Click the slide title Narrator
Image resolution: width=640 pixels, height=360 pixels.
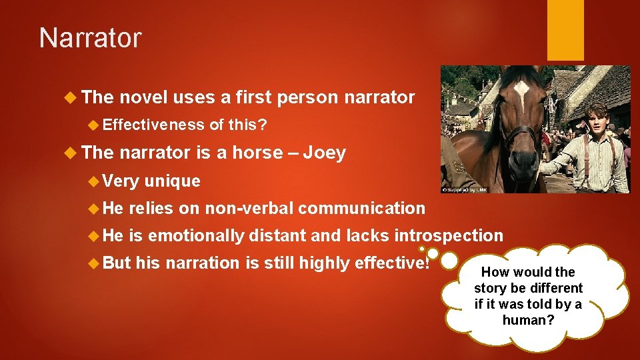click(90, 38)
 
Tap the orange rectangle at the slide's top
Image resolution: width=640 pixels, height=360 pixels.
click(565, 30)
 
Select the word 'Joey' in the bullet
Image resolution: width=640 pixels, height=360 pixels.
click(324, 153)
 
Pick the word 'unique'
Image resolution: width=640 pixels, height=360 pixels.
click(172, 181)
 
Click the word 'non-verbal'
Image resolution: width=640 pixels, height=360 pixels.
click(249, 208)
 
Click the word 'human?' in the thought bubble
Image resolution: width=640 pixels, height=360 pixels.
click(527, 320)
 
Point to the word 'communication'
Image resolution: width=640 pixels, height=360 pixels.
click(361, 208)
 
